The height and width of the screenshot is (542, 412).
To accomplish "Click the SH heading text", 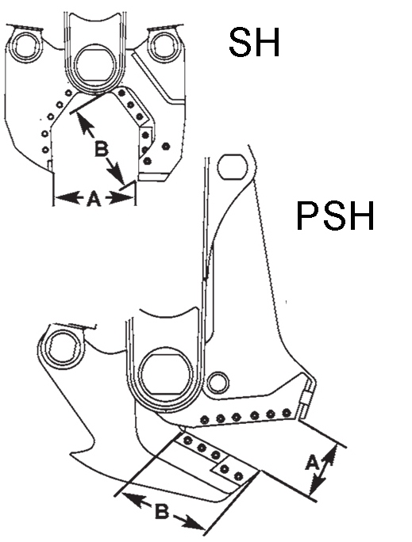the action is (x=254, y=43).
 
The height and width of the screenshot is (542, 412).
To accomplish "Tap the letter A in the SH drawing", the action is (x=94, y=199).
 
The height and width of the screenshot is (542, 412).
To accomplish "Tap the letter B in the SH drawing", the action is (x=101, y=150).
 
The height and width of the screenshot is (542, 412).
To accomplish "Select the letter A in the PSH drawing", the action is (x=312, y=463).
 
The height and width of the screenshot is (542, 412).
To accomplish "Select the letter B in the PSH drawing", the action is (x=162, y=512).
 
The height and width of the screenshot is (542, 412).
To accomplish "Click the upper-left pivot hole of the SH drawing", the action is (x=25, y=47).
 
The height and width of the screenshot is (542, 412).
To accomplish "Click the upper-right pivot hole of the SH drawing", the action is (x=164, y=46).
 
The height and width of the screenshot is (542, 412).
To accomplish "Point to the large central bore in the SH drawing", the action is (x=95, y=66).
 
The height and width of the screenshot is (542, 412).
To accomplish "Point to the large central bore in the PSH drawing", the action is (x=166, y=374).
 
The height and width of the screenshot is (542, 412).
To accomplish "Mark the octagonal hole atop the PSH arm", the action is (x=233, y=166).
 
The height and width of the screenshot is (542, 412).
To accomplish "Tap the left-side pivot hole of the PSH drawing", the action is (x=64, y=349).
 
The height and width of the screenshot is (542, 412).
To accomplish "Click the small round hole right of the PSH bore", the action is (x=218, y=383).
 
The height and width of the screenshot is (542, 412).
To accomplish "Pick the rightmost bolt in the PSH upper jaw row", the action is (x=287, y=412).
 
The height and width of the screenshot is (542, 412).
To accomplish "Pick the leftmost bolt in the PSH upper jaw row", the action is (x=205, y=419).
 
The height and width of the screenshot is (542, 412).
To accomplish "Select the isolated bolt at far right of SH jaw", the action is (x=166, y=147).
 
